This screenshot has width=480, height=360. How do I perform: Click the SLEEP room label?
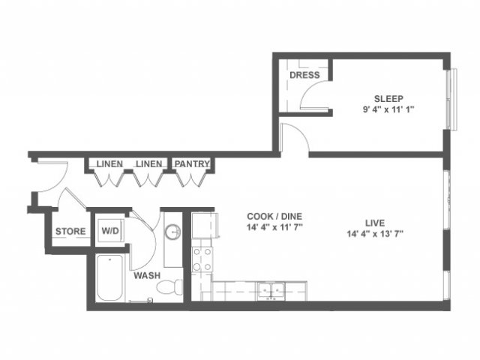click(388, 99)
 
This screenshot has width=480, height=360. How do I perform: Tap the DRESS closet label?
click(304, 75)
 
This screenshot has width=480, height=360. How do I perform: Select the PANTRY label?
click(192, 163)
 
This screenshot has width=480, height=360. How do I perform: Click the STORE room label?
click(70, 232)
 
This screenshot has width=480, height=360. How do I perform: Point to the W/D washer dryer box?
click(110, 230)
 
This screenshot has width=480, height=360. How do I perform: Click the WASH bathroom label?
click(147, 275)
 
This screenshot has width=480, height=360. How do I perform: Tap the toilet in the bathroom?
click(170, 286)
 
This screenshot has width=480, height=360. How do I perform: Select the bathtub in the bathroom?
click(110, 277)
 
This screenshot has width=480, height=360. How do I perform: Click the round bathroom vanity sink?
click(172, 232)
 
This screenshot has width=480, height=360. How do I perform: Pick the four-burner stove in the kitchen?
click(202, 259)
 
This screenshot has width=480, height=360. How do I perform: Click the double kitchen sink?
click(271, 290)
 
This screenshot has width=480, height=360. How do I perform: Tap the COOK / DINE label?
click(274, 217)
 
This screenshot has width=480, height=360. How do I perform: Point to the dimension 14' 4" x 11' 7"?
click(274, 227)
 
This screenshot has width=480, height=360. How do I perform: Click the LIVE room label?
click(375, 223)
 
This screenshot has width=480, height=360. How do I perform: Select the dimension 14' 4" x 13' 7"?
click(375, 234)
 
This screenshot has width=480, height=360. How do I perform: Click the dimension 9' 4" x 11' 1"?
click(388, 110)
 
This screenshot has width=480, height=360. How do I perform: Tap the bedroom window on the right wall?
click(452, 100)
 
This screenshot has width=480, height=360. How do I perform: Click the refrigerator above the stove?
click(204, 226)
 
